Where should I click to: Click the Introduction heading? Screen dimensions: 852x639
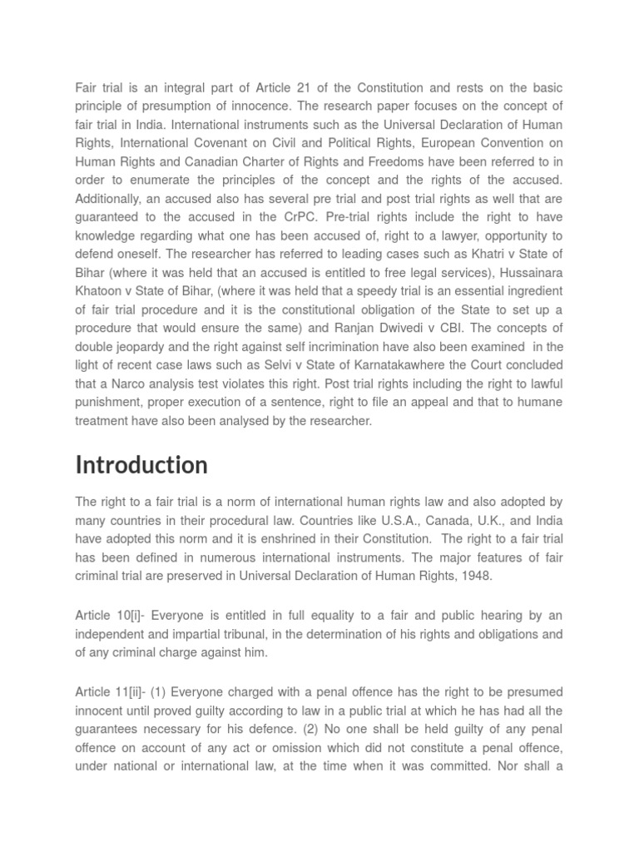click(141, 464)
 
